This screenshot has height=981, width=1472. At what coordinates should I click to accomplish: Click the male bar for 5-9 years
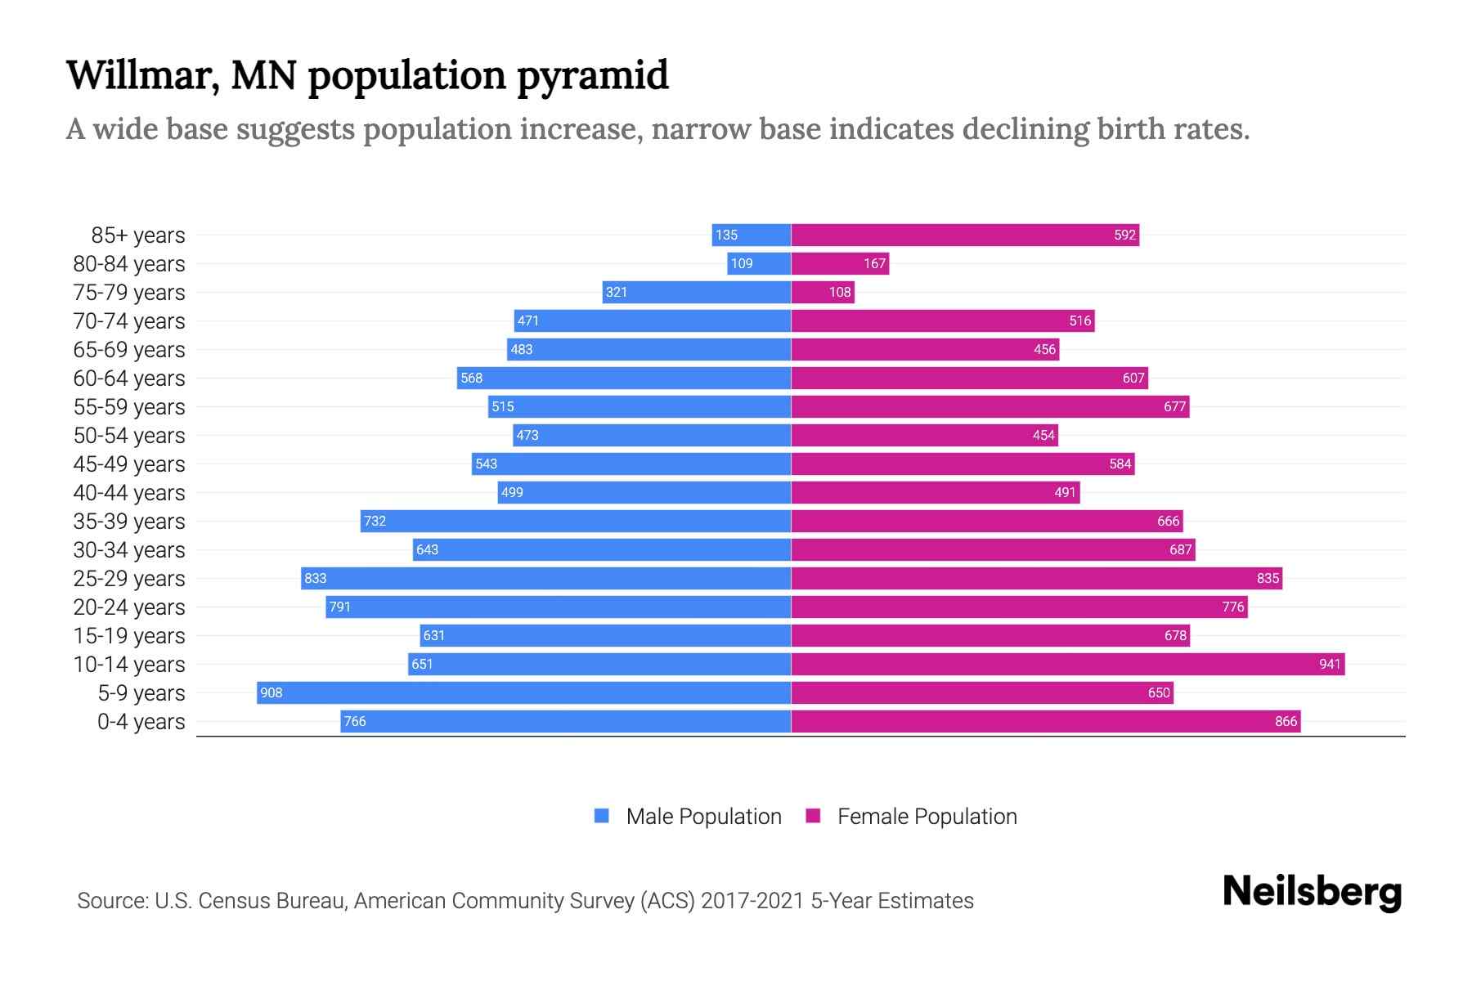pos(523,692)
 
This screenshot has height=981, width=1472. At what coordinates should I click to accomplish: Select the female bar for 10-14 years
pos(1067,664)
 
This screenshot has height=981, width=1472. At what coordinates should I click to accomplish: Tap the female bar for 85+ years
pos(965,235)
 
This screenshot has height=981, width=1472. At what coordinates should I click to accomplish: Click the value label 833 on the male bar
pos(316,578)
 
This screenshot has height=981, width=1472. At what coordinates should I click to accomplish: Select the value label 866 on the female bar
pos(1286,721)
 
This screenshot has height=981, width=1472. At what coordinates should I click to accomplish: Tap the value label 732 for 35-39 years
pos(375,521)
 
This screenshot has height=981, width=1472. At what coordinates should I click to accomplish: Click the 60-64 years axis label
pos(129,379)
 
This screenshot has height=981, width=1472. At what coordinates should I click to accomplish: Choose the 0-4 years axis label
pos(141,722)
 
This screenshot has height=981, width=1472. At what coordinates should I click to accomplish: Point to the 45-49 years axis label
pos(129,464)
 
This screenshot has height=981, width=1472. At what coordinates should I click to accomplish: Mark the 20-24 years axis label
pos(129,607)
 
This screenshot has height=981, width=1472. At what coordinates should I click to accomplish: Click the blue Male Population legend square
pos(602,816)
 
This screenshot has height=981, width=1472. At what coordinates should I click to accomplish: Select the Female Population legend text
pos(927,816)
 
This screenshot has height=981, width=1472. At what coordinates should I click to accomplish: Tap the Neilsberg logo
pos(1312,892)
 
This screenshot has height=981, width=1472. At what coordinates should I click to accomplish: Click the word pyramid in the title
pos(593,76)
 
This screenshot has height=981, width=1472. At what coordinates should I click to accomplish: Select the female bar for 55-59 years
pos(990,406)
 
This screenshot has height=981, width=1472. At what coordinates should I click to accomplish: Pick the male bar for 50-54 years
pos(652,435)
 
